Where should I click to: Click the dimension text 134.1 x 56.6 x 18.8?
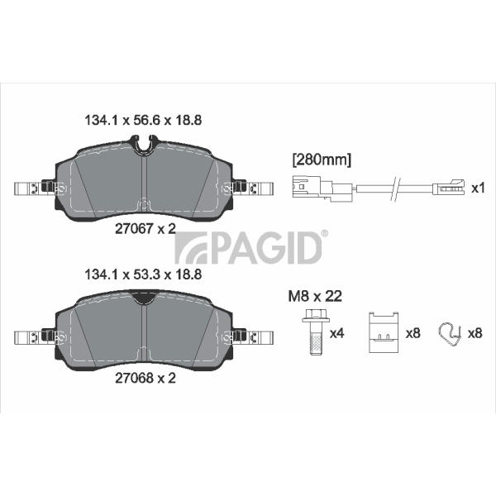[x=143, y=121]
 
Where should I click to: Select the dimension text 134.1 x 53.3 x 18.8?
[x=143, y=274]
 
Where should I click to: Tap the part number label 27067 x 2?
[x=145, y=228]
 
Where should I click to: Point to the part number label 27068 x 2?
[x=145, y=378]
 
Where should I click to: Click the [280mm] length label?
[x=322, y=160]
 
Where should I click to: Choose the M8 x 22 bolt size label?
[x=315, y=297]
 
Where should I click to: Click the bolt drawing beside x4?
[x=316, y=332]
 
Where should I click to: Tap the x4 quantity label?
[x=336, y=333]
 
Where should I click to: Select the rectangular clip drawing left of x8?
[x=384, y=332]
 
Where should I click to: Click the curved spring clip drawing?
[x=450, y=334]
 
